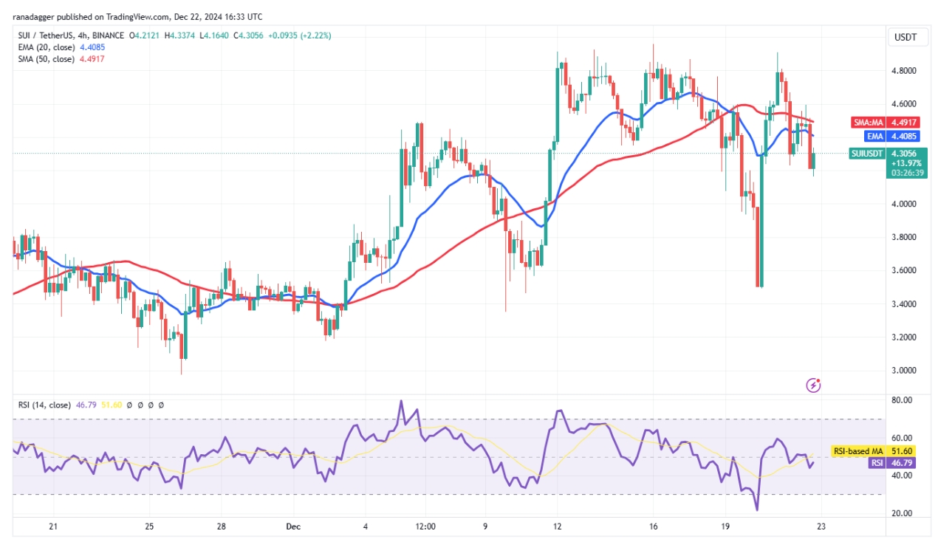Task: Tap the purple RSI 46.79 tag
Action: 897,463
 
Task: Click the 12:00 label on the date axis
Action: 426,526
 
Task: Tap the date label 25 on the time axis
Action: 149,526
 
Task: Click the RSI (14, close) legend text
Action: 44,405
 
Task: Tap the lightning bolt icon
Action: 813,385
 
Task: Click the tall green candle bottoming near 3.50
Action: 760,222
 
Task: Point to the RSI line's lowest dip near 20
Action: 757,509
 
